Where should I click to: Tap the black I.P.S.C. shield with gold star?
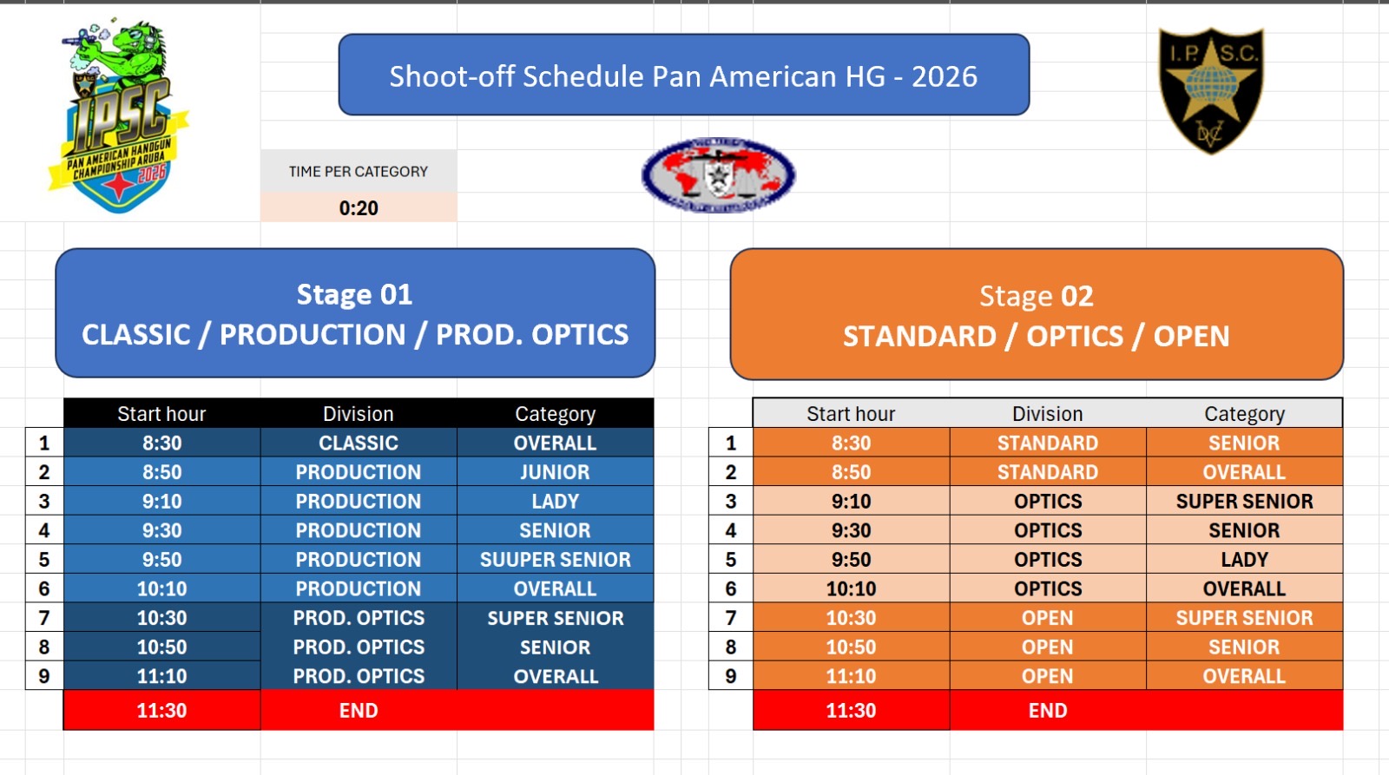(1211, 90)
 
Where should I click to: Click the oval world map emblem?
(718, 174)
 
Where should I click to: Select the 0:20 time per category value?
(359, 207)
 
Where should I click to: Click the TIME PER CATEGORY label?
(359, 172)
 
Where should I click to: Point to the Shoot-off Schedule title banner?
(684, 75)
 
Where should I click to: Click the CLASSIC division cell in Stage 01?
(359, 443)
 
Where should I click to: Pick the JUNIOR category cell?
(555, 472)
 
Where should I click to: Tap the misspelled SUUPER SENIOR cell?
(555, 559)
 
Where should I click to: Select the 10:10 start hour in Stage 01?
(161, 588)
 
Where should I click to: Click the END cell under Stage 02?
(1047, 710)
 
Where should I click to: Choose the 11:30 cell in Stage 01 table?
(161, 710)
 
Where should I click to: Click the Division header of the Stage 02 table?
(1047, 414)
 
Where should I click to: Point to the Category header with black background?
(555, 414)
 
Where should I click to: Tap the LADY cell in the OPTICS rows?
(1245, 559)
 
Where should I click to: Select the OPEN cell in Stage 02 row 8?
(1047, 647)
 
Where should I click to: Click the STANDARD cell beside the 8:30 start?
(1047, 443)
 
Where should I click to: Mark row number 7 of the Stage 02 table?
(730, 618)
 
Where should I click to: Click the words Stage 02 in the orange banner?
(1037, 296)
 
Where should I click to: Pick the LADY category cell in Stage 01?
(555, 501)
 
